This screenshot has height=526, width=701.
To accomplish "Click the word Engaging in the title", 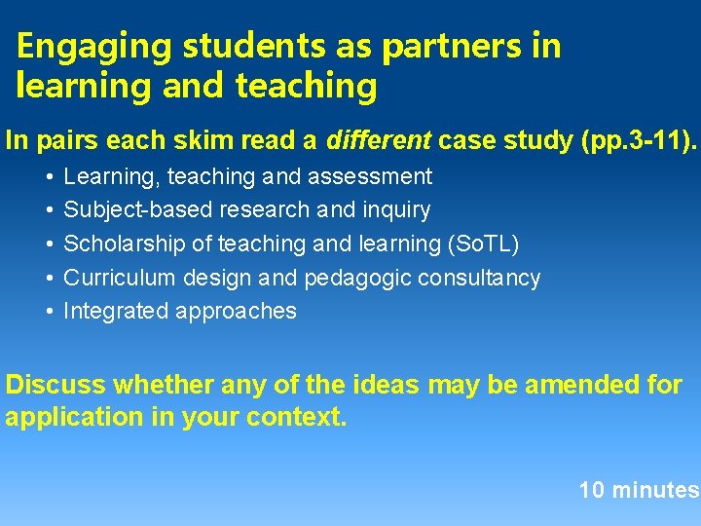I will [x=81, y=46].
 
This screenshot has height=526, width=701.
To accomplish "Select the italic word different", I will [x=378, y=140].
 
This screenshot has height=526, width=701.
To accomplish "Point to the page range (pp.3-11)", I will [x=638, y=140].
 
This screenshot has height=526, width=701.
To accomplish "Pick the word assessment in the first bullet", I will [x=380, y=176].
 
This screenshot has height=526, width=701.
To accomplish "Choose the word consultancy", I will [x=483, y=278].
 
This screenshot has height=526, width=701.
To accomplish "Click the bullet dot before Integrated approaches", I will [x=49, y=312].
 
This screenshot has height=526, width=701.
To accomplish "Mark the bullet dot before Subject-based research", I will [x=49, y=209].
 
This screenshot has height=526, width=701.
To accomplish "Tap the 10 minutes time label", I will [x=639, y=490].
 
